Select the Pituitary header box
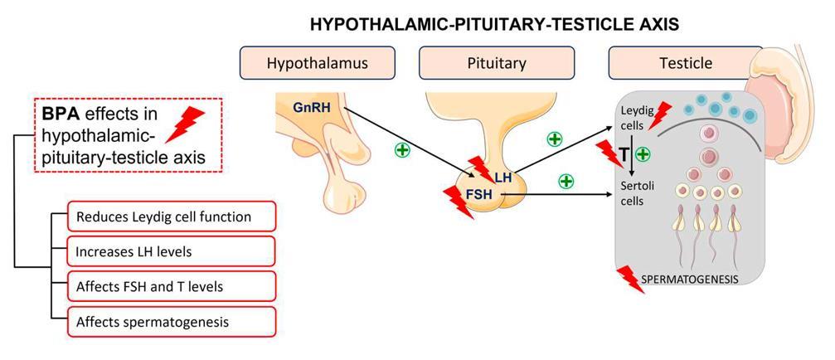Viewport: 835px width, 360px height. click(496, 63)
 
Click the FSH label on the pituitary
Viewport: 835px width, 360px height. click(473, 193)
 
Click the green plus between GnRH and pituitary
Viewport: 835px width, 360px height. click(402, 151)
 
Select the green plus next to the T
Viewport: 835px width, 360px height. click(642, 153)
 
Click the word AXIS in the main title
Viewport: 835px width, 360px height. click(657, 25)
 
